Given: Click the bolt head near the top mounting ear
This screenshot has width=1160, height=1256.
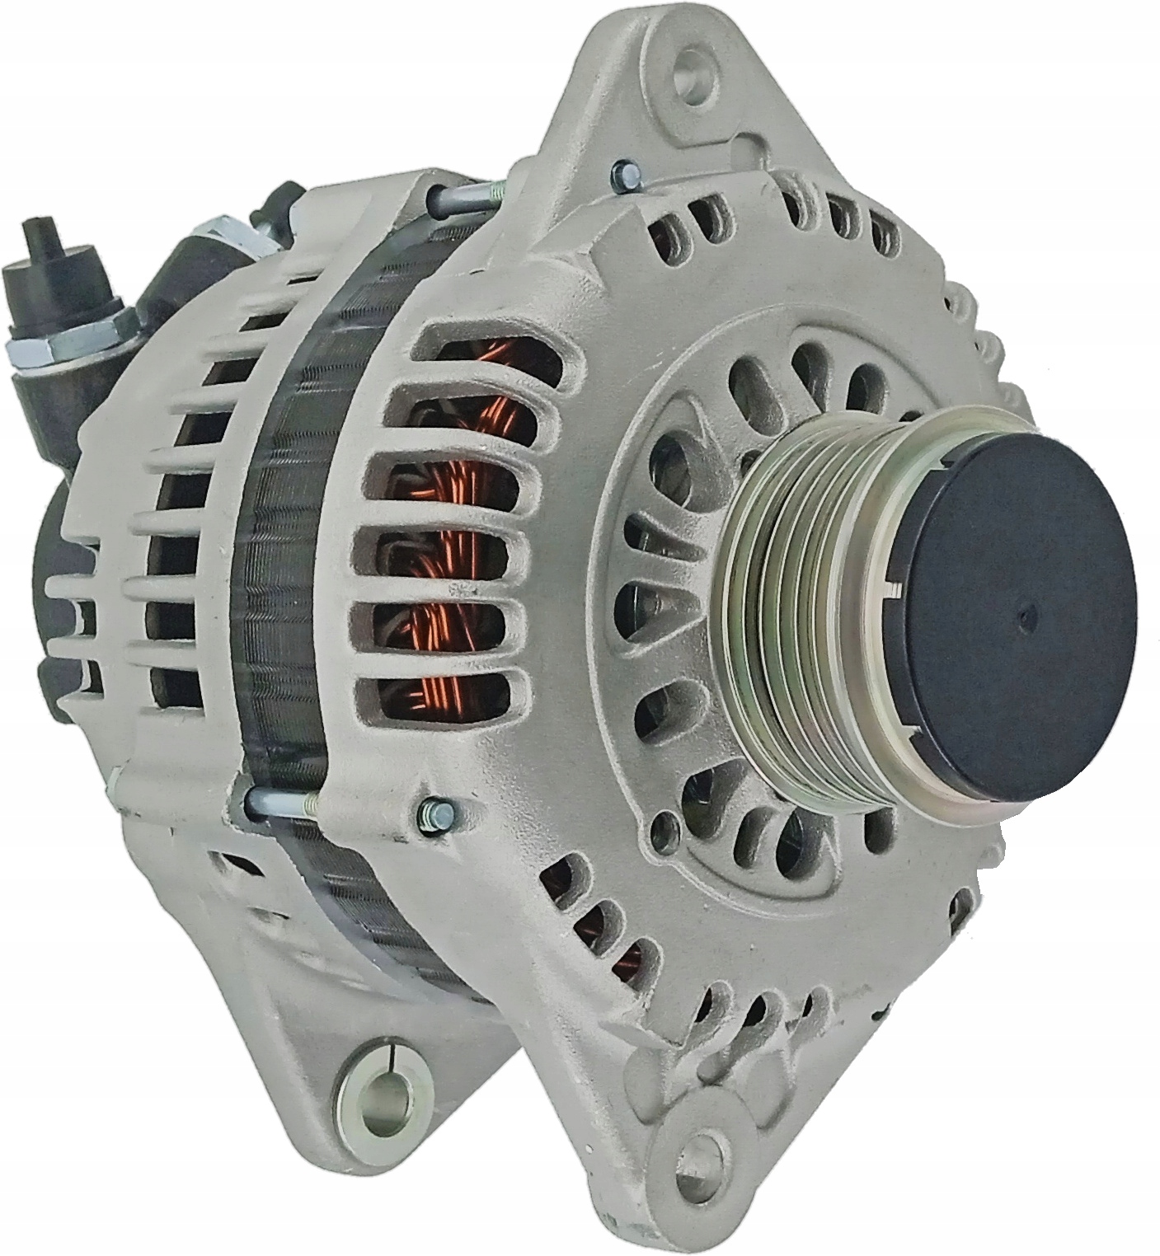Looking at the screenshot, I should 624,174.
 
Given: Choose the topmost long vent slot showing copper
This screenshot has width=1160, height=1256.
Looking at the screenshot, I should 486,350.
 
